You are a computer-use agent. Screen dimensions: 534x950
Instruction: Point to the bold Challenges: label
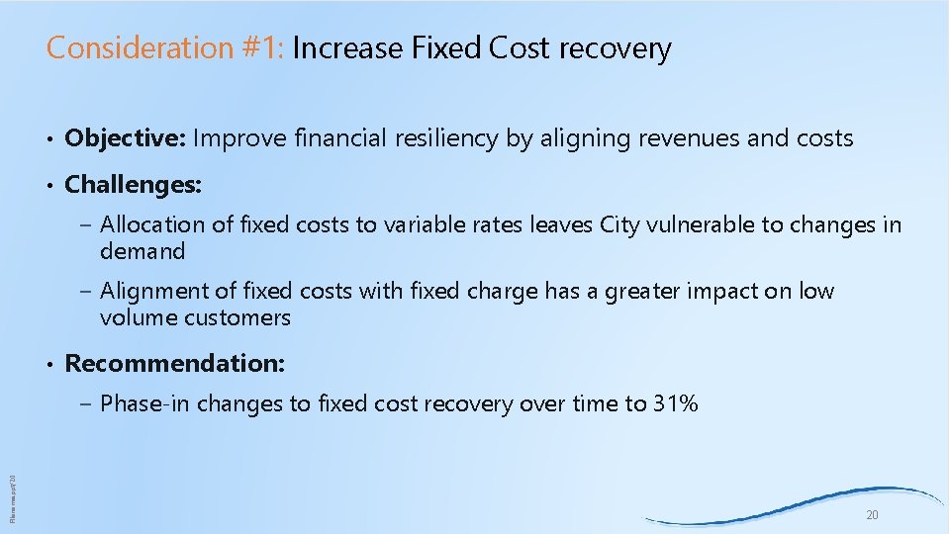point(133,184)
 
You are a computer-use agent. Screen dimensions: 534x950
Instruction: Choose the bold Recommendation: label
point(175,363)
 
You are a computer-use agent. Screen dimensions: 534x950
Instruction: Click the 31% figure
point(675,403)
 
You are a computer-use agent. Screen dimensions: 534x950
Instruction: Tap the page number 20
point(872,515)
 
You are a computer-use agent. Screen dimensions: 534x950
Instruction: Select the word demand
point(142,251)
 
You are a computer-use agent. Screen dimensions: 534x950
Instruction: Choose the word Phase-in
point(147,403)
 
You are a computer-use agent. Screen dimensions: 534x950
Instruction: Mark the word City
point(621,224)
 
